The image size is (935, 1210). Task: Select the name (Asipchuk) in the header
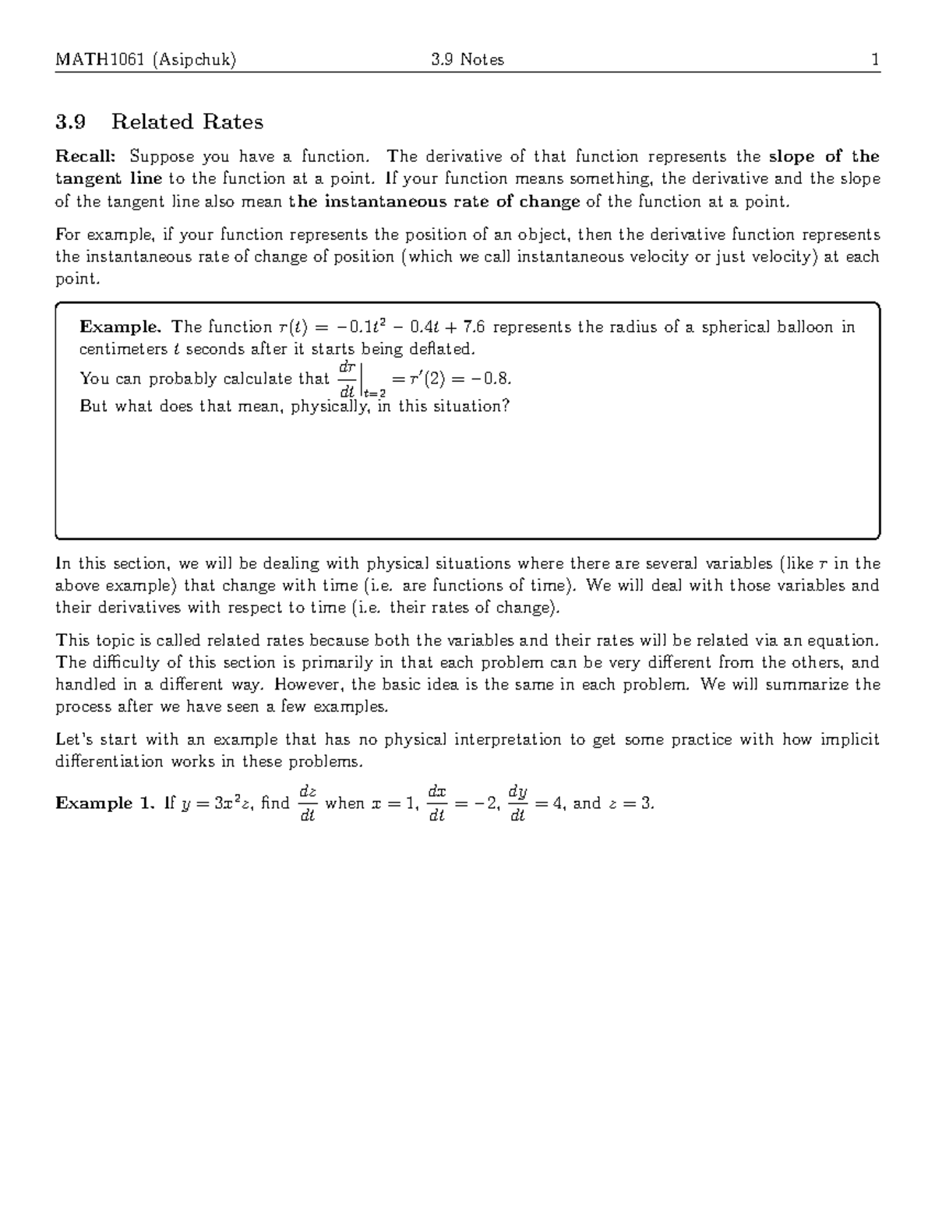(194, 60)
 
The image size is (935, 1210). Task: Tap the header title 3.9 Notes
(467, 60)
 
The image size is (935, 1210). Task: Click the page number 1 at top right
(876, 60)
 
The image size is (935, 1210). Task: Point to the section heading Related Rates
(187, 122)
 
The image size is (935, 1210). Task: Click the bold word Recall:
(86, 157)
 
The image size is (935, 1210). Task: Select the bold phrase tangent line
(108, 178)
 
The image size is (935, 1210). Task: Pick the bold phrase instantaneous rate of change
(452, 202)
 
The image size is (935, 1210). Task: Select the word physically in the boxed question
(330, 406)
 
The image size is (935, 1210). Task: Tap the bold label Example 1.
(104, 803)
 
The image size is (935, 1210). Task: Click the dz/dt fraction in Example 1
(307, 803)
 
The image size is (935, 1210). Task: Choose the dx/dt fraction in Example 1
(436, 803)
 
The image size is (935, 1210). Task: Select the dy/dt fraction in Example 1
(517, 803)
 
